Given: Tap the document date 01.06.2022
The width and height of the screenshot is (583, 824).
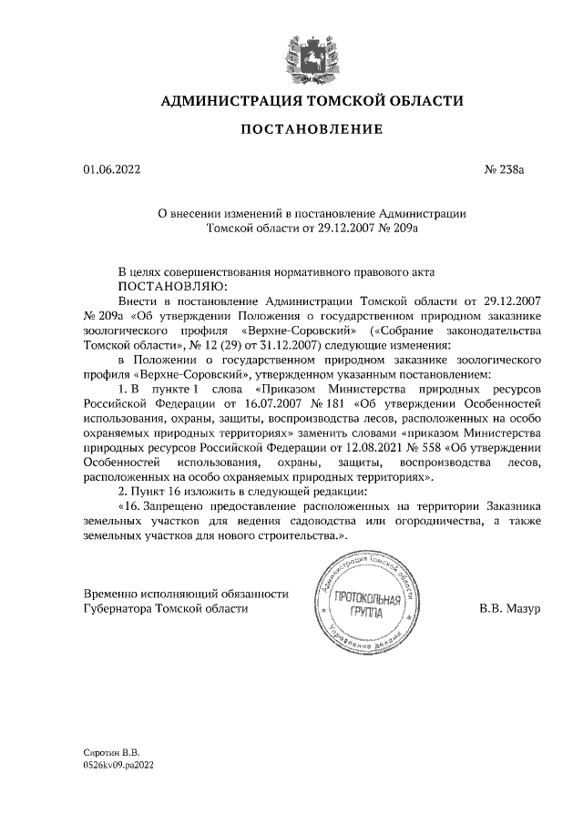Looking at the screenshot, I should tap(112, 168).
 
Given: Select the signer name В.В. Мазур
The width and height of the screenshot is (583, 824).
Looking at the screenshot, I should tap(509, 608).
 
